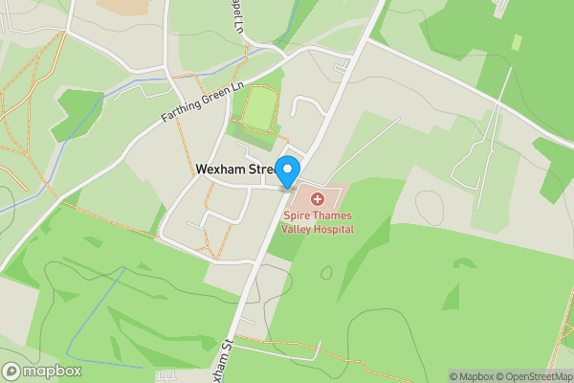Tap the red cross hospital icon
(x=318, y=199)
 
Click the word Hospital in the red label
(x=334, y=230)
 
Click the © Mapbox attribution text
(x=471, y=376)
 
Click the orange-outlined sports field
(x=258, y=107)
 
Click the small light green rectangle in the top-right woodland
(x=517, y=42)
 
